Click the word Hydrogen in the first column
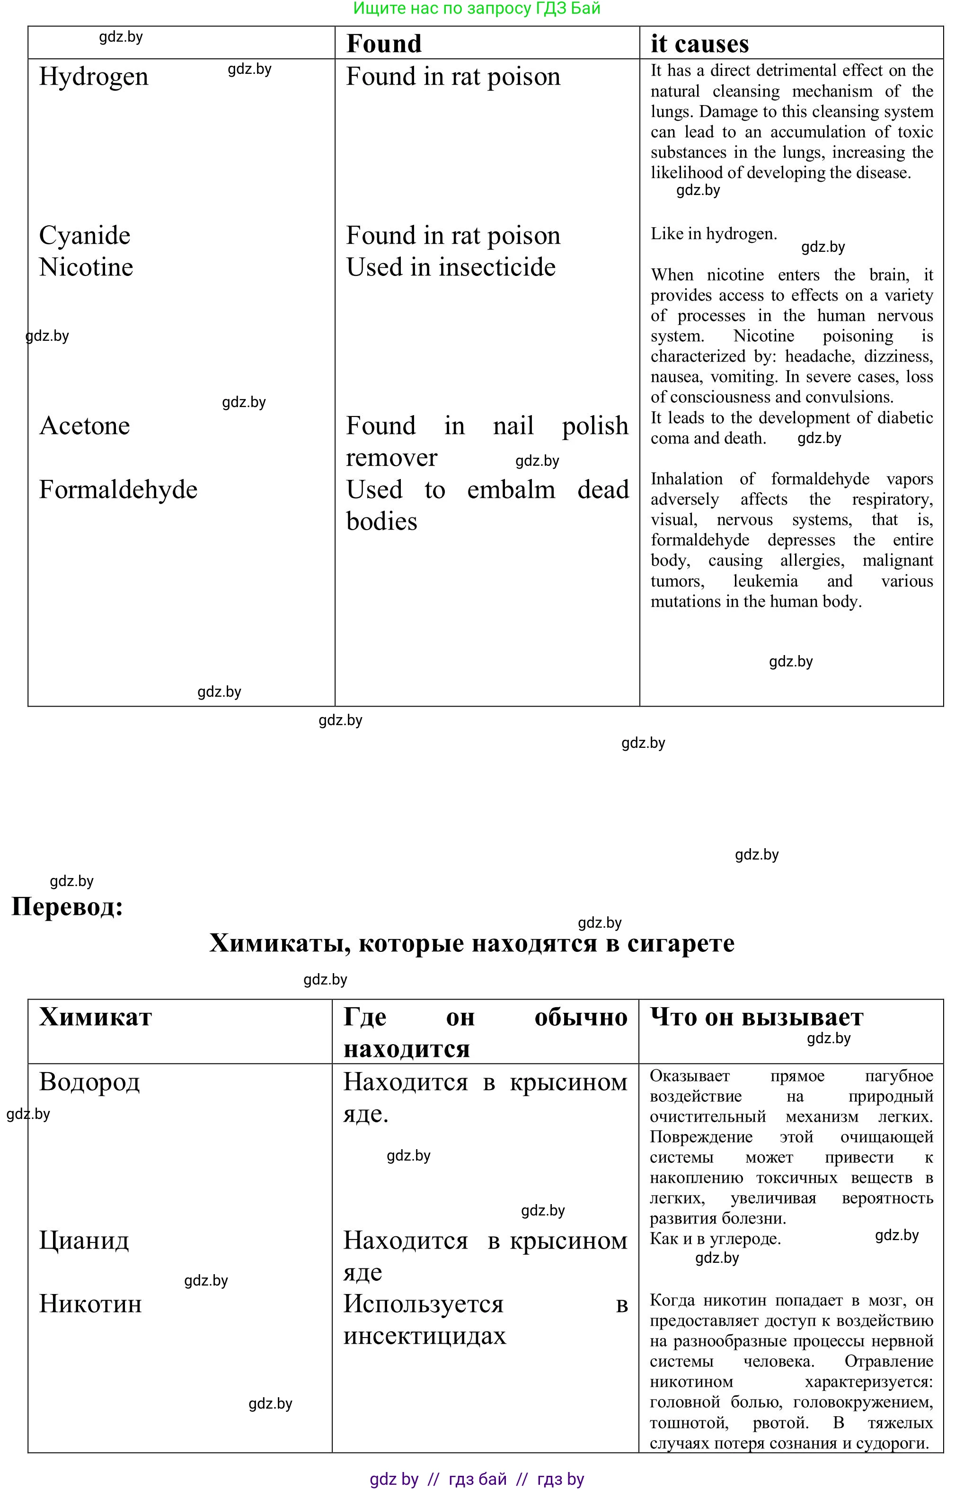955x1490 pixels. coord(94,77)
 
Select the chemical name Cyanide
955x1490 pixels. coord(85,236)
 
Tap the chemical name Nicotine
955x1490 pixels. coord(86,267)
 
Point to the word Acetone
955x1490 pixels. coord(85,426)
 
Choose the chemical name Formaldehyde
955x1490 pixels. coord(118,490)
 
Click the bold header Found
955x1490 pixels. coord(384,44)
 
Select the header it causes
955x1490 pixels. coord(699,44)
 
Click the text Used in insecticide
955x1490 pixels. coord(451,267)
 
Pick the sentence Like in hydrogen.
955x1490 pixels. coord(713,234)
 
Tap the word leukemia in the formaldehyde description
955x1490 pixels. coord(765,581)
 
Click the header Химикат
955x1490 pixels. coord(96,1018)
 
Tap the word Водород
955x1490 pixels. coord(90,1082)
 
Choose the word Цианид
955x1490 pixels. coord(84,1240)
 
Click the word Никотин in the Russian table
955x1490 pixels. coord(90,1304)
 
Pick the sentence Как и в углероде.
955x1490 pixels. coord(715,1238)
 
